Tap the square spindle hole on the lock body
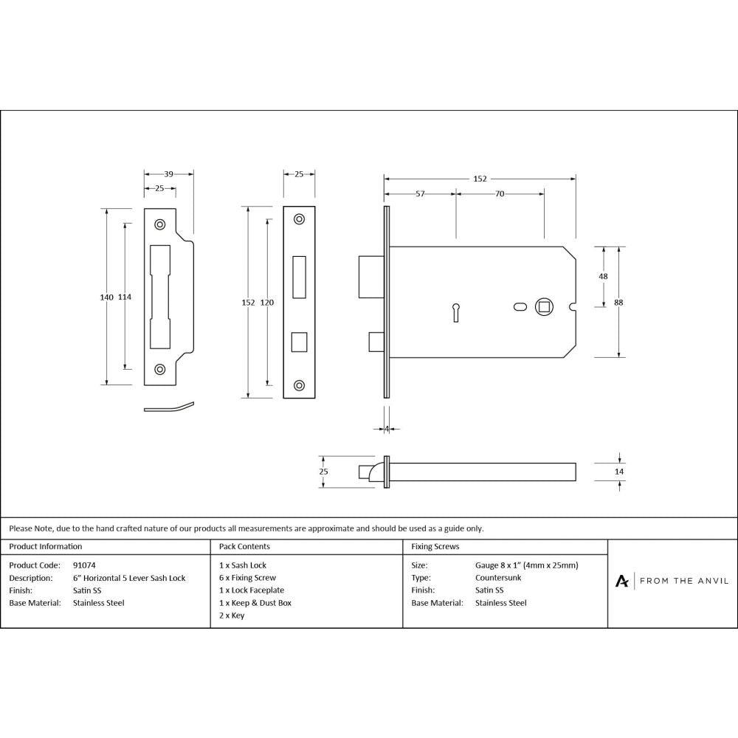[543, 306]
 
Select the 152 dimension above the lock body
[480, 179]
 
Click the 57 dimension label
[420, 194]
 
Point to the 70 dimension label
[500, 194]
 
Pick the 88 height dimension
[618, 301]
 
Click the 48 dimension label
[603, 276]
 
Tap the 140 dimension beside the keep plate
[106, 297]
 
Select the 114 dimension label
[125, 297]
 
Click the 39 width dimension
[168, 174]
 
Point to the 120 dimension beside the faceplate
[266, 303]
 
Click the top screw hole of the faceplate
[299, 219]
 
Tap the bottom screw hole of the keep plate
[159, 369]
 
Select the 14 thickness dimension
[618, 471]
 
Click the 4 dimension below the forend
[387, 428]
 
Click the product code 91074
[84, 565]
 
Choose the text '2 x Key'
[232, 615]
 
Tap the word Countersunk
[499, 578]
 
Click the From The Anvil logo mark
[622, 582]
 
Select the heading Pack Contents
[244, 547]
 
